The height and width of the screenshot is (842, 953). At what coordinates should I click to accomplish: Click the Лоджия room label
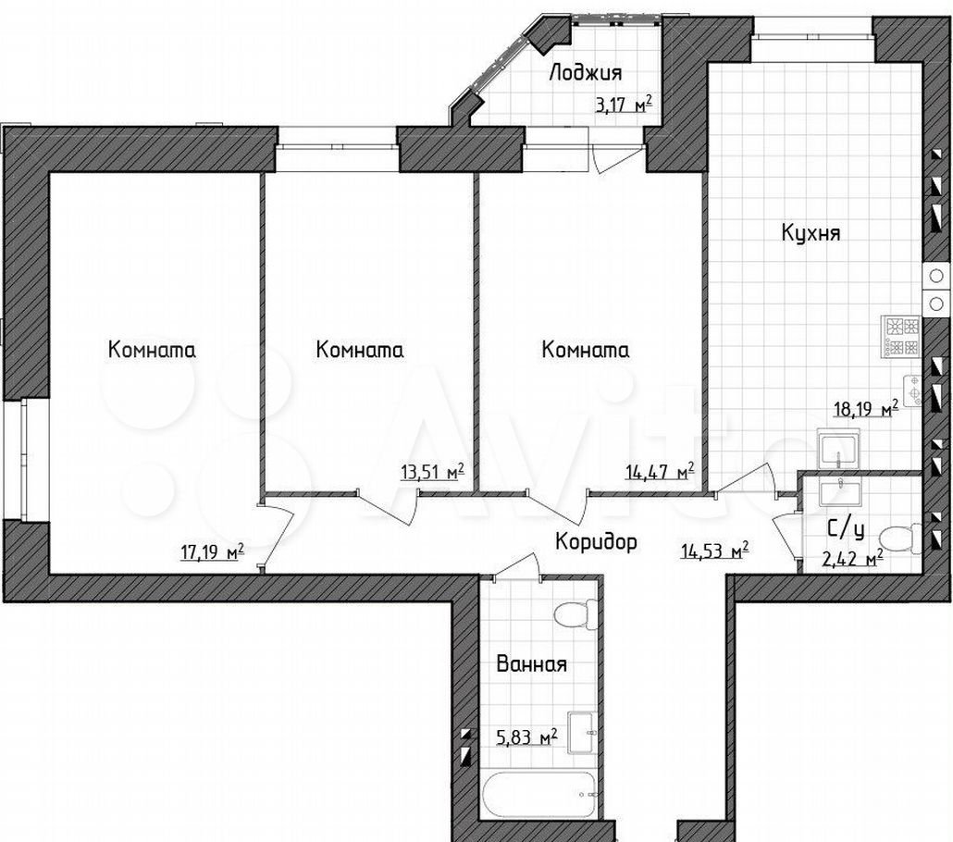[x=586, y=74]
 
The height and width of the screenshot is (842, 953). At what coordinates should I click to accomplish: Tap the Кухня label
[x=811, y=232]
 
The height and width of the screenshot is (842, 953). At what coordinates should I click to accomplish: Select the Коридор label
[x=596, y=540]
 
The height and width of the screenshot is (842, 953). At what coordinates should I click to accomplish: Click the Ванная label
[x=532, y=663]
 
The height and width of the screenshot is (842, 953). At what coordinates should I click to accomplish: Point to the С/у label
[x=846, y=530]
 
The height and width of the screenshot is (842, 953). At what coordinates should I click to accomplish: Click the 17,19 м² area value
[x=213, y=552]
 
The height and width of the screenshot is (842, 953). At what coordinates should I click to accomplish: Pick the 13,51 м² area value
[x=433, y=471]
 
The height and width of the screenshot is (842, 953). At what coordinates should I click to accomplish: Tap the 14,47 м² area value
[x=660, y=471]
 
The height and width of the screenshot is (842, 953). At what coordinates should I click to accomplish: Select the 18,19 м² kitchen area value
[x=865, y=409]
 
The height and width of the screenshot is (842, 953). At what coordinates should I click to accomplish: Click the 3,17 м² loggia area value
[x=625, y=105]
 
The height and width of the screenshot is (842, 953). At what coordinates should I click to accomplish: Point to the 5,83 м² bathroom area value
[x=526, y=737]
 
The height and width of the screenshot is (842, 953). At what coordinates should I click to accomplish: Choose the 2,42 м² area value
[x=854, y=559]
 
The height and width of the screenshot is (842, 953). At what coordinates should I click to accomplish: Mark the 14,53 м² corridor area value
[x=714, y=551]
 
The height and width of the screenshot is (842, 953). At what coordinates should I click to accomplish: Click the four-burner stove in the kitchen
[x=902, y=337]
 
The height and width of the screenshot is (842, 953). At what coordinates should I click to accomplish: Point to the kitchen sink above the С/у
[x=839, y=449]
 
